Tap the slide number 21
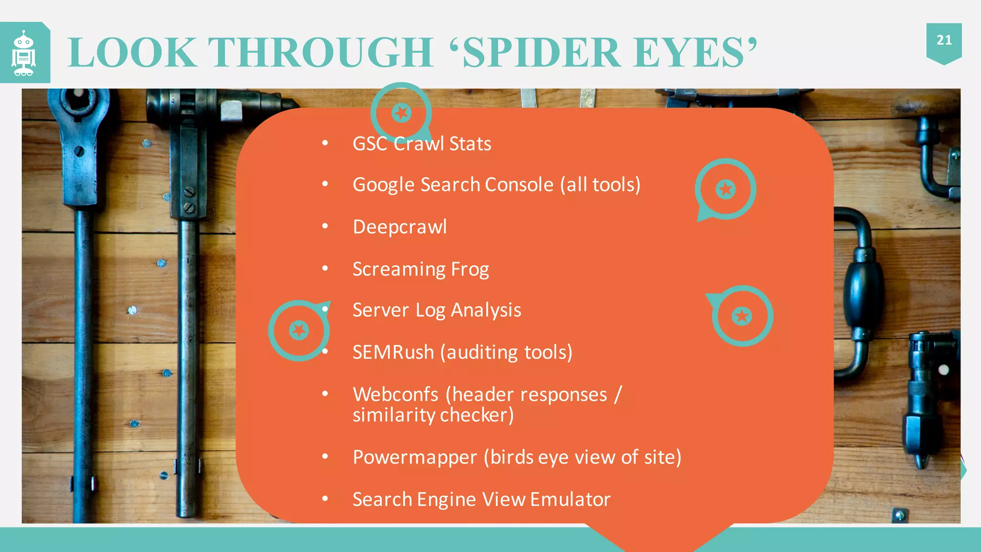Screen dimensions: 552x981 (x=944, y=40)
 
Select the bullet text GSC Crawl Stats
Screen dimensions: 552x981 (x=422, y=144)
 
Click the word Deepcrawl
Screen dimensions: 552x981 (x=399, y=227)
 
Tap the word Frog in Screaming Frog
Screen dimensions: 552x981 (x=470, y=269)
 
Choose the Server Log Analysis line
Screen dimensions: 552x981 (x=436, y=310)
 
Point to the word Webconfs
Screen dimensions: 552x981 (x=395, y=395)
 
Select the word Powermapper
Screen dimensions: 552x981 (x=415, y=458)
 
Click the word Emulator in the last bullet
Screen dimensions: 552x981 (x=570, y=500)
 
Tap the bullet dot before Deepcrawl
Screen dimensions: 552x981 (x=325, y=226)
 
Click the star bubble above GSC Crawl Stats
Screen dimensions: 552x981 (x=401, y=113)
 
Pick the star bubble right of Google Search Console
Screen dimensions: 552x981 (x=726, y=189)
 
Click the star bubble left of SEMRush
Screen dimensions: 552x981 (x=299, y=330)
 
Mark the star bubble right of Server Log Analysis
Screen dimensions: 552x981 (x=742, y=316)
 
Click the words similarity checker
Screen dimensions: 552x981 (x=433, y=415)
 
